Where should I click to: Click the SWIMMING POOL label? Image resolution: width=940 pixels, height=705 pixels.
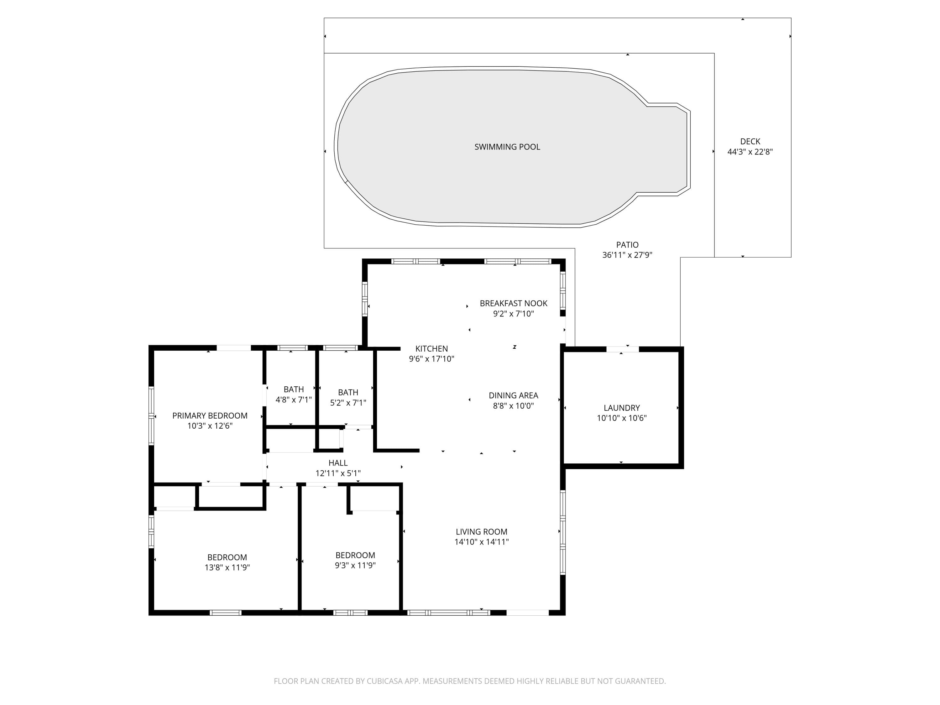tap(507, 147)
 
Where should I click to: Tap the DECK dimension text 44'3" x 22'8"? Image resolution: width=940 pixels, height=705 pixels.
tap(750, 152)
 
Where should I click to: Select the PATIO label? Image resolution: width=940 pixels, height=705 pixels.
tap(627, 245)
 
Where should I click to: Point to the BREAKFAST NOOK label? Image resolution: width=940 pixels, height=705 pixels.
tap(513, 303)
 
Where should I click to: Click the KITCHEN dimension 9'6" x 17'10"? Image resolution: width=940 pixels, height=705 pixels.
tap(431, 359)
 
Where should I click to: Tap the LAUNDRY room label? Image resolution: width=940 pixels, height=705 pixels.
tap(622, 408)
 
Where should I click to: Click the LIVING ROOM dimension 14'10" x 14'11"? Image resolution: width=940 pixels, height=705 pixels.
tap(482, 542)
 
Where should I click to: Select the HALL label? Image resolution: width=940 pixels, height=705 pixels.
tap(338, 463)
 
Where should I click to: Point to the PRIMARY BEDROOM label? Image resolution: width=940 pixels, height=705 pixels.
tap(210, 415)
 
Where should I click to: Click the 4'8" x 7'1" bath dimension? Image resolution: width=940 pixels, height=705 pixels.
tap(294, 400)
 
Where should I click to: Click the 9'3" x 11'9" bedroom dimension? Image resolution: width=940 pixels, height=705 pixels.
tap(355, 566)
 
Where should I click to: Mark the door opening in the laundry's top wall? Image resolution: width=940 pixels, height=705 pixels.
tap(623, 349)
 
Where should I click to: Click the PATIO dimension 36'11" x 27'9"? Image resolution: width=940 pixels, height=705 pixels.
tap(627, 255)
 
